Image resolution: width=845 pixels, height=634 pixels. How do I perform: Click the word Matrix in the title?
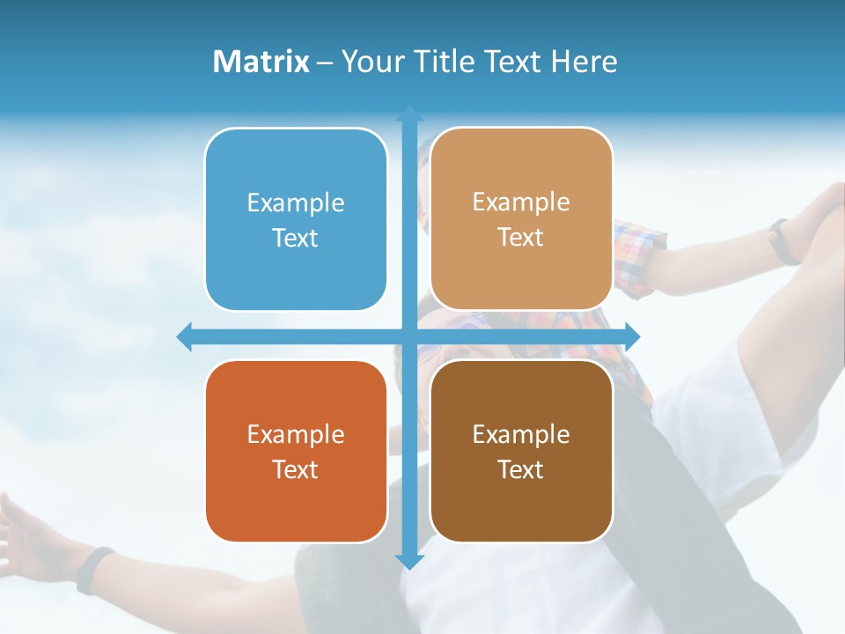pyautogui.click(x=261, y=62)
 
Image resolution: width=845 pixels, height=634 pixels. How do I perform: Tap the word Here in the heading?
pyautogui.click(x=584, y=62)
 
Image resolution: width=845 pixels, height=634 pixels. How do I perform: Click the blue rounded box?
pyautogui.click(x=296, y=220)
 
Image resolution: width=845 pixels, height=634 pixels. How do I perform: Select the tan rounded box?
pyautogui.click(x=521, y=220)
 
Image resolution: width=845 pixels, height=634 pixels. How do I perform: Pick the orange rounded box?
pyautogui.click(x=296, y=452)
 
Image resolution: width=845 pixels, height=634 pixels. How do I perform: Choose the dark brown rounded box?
pyautogui.click(x=521, y=452)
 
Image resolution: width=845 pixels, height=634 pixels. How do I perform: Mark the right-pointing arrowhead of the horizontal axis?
pyautogui.click(x=632, y=336)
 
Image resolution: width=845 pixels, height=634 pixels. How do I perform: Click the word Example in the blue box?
pyautogui.click(x=296, y=203)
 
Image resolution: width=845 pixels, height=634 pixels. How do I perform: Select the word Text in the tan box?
pyautogui.click(x=521, y=238)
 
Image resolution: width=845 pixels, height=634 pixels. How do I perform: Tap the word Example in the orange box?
pyautogui.click(x=296, y=434)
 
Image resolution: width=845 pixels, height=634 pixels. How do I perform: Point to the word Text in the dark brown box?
pyautogui.click(x=521, y=469)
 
